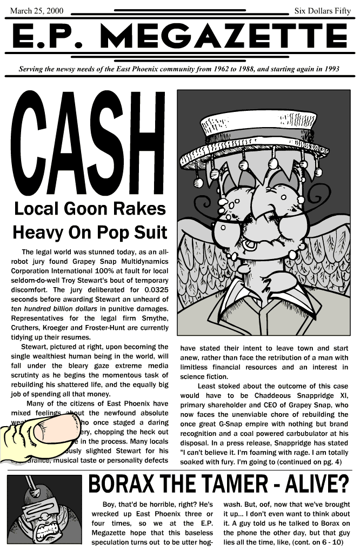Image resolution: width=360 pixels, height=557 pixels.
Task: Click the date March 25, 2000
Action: pos(33,10)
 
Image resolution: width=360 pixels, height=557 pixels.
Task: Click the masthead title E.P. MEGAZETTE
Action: pos(179,36)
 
